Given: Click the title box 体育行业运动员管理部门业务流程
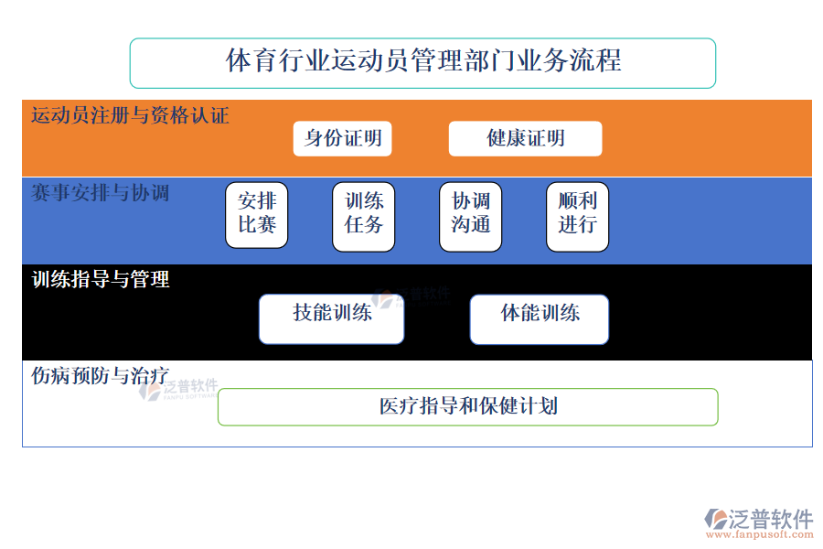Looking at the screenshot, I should tap(422, 62).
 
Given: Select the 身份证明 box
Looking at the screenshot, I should tap(343, 139).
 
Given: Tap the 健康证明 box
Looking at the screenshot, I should tap(525, 139).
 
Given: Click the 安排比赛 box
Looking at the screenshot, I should tap(256, 216).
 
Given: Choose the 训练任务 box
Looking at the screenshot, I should tap(363, 216).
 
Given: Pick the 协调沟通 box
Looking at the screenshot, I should tap(471, 216).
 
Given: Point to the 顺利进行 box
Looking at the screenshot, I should tap(577, 216).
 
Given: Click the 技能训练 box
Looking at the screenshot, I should tap(331, 318).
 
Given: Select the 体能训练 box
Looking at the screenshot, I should tap(539, 318).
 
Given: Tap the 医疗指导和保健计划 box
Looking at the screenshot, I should tap(467, 406).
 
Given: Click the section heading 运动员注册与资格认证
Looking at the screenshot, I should tap(130, 115).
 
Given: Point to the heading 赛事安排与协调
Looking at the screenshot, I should tap(100, 193).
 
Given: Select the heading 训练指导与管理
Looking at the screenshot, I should tap(101, 279).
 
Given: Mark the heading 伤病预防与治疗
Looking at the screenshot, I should tap(100, 375).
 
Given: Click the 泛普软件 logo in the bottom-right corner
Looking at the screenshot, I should tap(759, 519).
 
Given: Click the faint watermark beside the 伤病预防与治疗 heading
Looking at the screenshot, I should tap(178, 389).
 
